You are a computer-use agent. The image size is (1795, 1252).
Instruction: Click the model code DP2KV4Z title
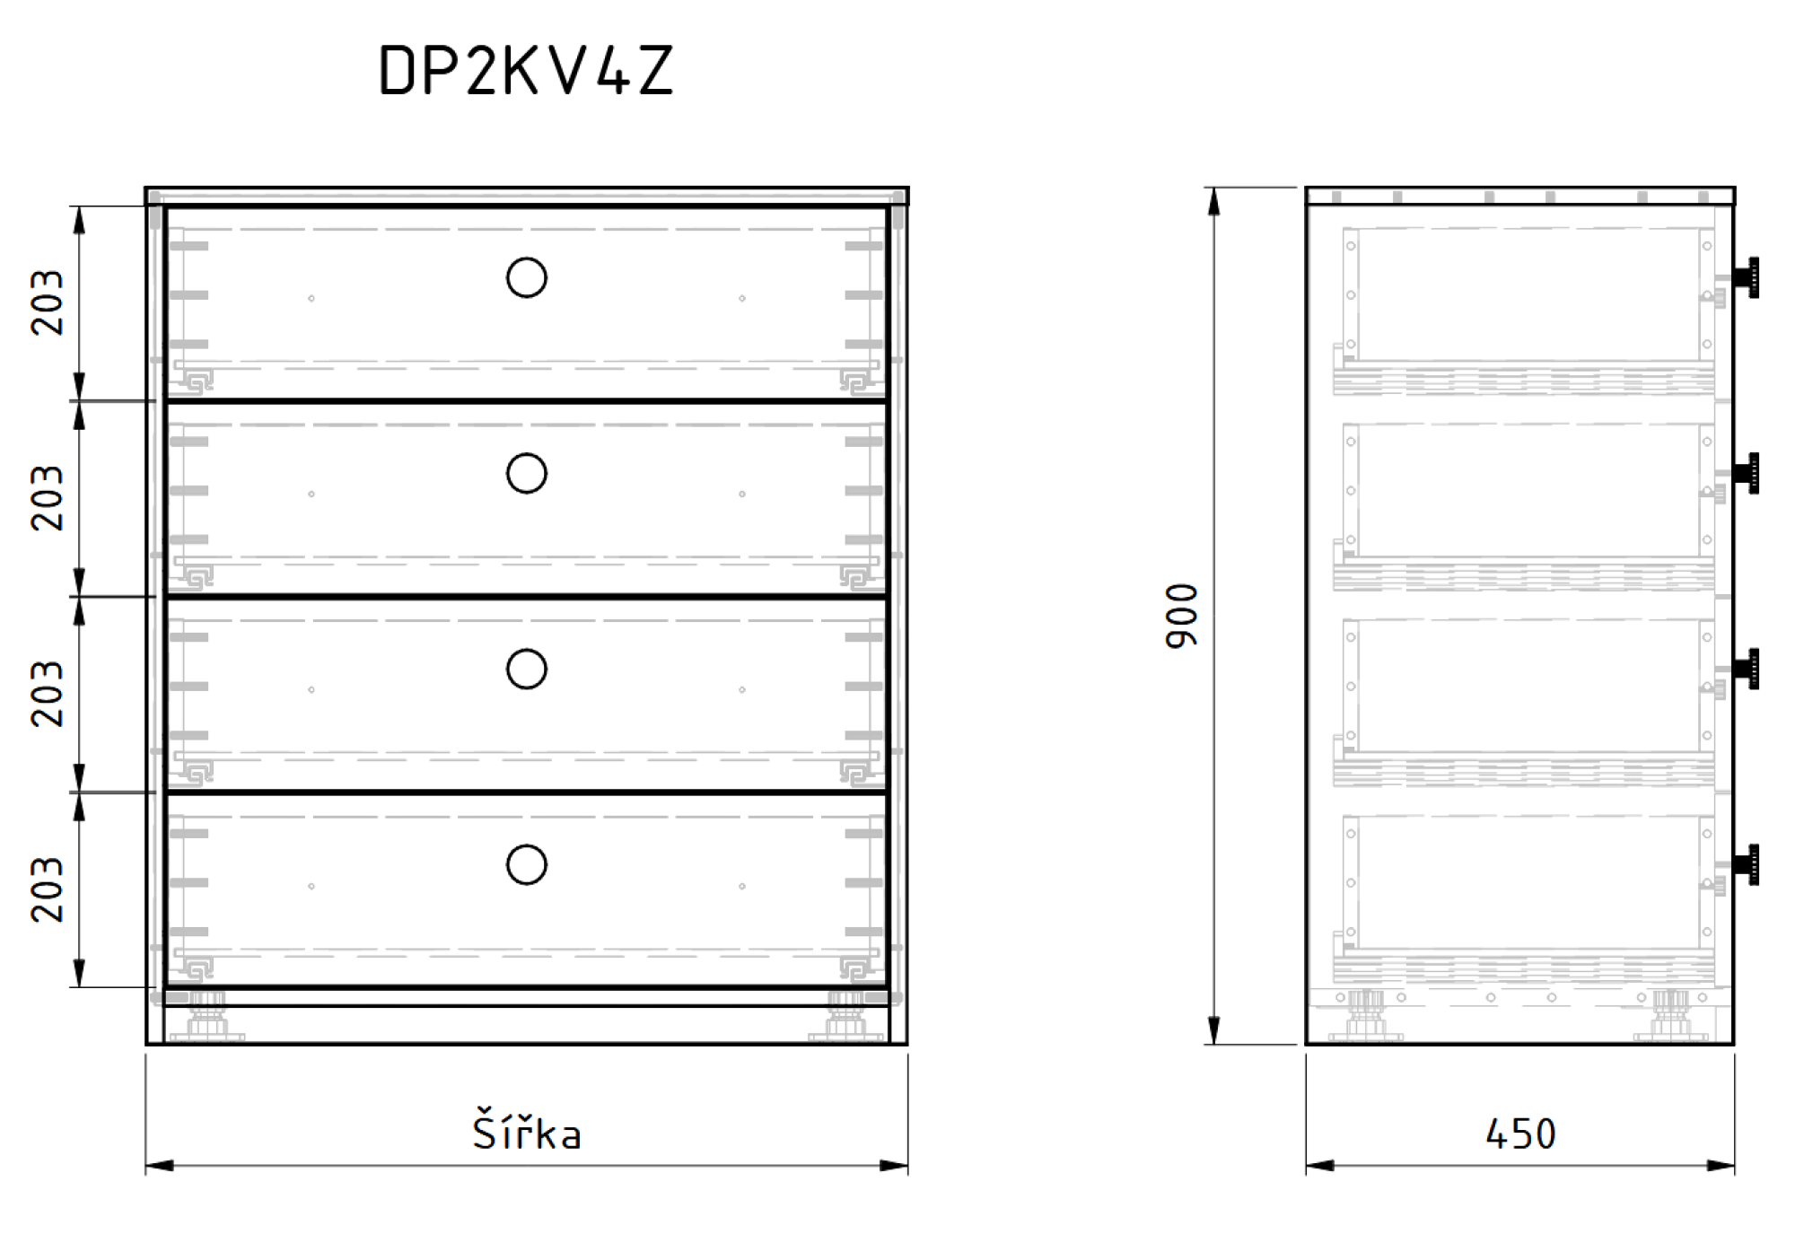coord(526,70)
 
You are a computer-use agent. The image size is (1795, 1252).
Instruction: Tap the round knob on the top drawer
coord(527,258)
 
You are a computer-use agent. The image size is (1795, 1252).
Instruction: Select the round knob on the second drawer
coord(527,454)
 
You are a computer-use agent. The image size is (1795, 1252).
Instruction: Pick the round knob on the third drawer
coord(527,650)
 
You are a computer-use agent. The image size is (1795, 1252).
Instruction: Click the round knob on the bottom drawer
coord(527,845)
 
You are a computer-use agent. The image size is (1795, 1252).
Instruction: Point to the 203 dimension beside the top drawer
coord(47,302)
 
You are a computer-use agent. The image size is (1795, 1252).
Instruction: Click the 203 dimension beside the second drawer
coord(47,498)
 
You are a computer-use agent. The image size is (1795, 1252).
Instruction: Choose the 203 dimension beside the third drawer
coord(47,694)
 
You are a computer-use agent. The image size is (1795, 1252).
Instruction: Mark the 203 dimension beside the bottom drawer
coord(47,889)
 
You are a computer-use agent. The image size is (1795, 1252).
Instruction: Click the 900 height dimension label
coord(1181,616)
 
